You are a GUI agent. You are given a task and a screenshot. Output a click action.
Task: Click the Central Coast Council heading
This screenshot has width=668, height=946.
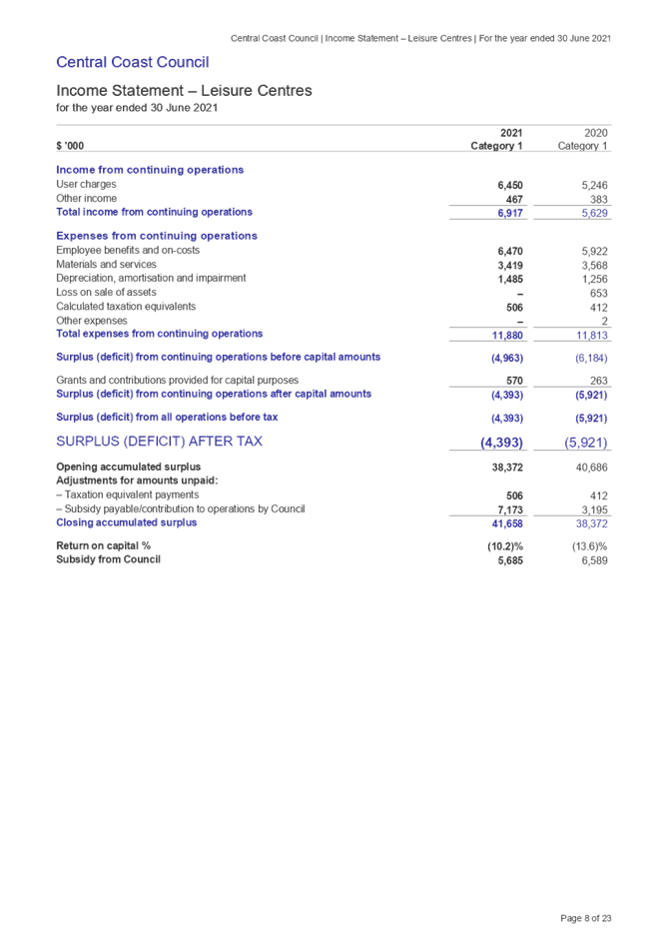(132, 62)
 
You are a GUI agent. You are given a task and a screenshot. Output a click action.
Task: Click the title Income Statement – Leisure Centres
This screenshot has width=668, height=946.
(184, 91)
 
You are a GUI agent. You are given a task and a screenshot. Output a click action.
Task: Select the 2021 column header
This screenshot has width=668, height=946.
(510, 132)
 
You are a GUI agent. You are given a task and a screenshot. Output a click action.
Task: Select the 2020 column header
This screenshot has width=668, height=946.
(597, 132)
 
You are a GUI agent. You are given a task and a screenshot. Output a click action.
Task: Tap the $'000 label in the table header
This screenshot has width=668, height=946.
(70, 147)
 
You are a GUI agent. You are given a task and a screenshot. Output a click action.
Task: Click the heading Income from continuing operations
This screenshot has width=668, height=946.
(150, 170)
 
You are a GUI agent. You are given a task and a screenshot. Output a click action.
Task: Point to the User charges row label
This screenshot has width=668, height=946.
(87, 184)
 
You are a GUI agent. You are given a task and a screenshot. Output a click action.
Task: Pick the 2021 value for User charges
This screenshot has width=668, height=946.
(510, 185)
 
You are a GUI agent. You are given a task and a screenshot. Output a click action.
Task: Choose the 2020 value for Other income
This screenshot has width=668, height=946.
(599, 199)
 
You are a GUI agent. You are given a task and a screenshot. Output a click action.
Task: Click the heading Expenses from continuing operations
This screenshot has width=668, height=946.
(157, 236)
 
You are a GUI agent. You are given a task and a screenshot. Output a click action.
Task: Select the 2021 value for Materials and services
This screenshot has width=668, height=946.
(510, 265)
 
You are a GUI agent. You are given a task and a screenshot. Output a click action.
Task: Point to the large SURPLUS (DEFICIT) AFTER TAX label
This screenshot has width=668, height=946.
(160, 442)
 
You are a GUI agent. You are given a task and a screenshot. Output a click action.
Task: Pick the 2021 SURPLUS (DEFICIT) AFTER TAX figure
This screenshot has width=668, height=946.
(502, 443)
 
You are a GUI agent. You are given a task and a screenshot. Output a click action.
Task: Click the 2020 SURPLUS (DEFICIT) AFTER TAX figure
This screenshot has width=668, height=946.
(587, 443)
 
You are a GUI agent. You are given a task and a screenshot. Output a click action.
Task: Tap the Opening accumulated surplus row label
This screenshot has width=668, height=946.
(128, 467)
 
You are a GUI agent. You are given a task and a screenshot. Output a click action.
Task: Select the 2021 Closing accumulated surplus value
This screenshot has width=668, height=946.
(508, 523)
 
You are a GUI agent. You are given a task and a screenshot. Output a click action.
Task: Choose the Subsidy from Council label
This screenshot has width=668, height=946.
(107, 559)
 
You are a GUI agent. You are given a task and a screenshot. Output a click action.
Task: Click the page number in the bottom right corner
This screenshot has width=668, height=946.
(586, 917)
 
